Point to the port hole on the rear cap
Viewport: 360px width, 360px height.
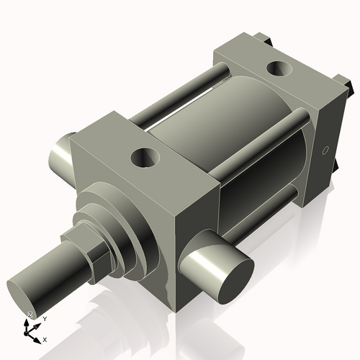(x=276, y=69)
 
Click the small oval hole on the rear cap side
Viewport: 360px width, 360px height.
(x=325, y=151)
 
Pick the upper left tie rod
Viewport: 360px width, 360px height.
(x=173, y=90)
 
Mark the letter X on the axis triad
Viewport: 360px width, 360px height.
(x=45, y=338)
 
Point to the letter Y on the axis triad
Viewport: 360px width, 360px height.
(x=44, y=318)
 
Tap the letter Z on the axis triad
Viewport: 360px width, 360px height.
(x=30, y=315)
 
